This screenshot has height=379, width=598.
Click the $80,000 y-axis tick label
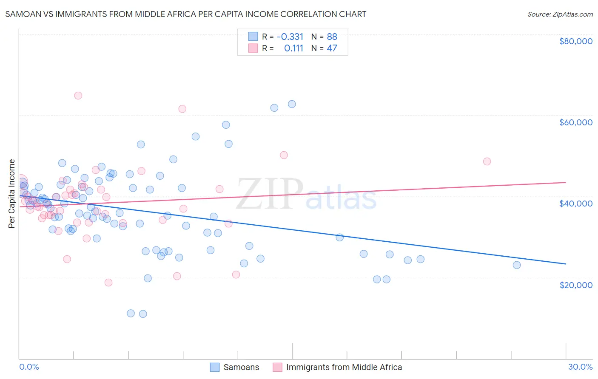[575, 41]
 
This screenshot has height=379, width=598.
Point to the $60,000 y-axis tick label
[575, 122]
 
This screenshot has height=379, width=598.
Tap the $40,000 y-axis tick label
[575, 204]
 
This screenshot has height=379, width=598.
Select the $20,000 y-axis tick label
[575, 285]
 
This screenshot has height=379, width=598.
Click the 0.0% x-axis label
[29, 367]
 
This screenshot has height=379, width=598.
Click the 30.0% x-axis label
[580, 367]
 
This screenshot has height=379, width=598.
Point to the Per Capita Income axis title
[12, 193]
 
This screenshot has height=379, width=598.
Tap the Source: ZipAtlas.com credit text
[560, 14]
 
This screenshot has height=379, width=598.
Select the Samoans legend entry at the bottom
[241, 367]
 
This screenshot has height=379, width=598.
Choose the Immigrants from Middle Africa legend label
[344, 367]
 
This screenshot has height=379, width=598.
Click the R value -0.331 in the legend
[290, 37]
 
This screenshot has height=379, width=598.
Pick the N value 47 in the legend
[332, 48]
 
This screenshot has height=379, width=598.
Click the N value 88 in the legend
[332, 37]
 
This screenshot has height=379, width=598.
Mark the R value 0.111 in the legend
[293, 48]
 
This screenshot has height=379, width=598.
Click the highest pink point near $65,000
[78, 96]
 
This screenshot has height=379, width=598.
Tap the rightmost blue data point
[517, 265]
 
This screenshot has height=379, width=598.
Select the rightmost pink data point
[487, 161]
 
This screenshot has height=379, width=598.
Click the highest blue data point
[292, 104]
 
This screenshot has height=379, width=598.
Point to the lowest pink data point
[108, 283]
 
